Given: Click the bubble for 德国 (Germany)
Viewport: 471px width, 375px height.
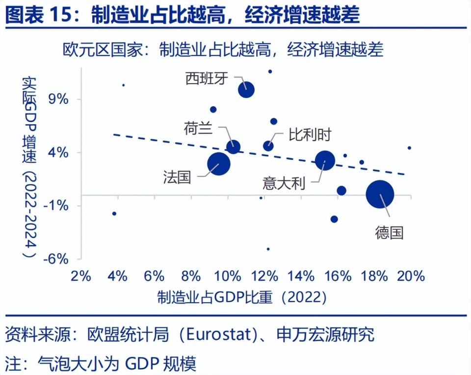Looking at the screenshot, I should point(380,194).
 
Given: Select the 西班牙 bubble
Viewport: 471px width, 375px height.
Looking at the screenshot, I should point(246,89).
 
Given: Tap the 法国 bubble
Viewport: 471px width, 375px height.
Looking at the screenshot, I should point(219,164).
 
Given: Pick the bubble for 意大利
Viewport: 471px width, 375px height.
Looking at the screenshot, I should point(325,160).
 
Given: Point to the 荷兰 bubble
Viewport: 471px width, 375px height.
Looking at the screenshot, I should point(234,146).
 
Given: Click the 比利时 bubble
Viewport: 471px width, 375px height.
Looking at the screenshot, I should point(268,145).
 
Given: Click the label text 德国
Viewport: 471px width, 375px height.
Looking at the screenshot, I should point(389,232).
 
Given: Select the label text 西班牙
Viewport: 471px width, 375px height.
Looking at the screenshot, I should point(207,78).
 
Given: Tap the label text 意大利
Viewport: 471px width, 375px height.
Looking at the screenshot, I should point(284,183).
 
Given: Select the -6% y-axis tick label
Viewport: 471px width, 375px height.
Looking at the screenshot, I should point(55,259).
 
